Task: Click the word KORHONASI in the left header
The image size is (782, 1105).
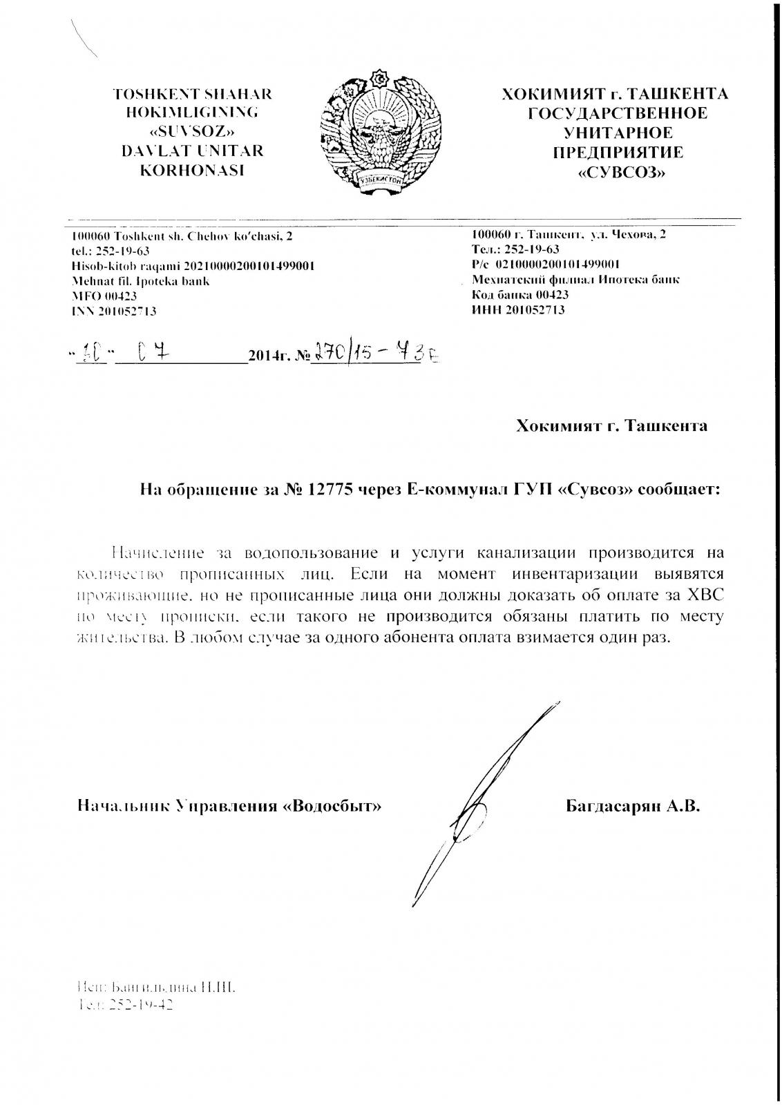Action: [193, 169]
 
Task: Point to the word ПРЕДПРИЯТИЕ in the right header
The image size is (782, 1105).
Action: [618, 152]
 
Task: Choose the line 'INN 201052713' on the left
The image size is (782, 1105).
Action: [114, 311]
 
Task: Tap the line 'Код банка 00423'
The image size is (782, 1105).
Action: [520, 294]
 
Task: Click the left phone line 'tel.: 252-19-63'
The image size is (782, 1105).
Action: [111, 251]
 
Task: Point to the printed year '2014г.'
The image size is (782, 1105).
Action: [266, 357]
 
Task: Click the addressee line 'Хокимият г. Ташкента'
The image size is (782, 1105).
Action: [611, 425]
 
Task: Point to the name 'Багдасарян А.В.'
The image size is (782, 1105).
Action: [632, 805]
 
